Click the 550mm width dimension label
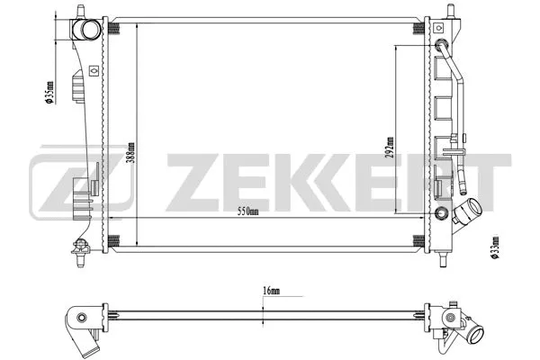click(x=248, y=211)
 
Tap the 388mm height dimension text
click(x=132, y=152)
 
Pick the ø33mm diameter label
click(x=494, y=246)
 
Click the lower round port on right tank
click(x=441, y=213)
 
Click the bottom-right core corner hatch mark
click(x=418, y=238)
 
